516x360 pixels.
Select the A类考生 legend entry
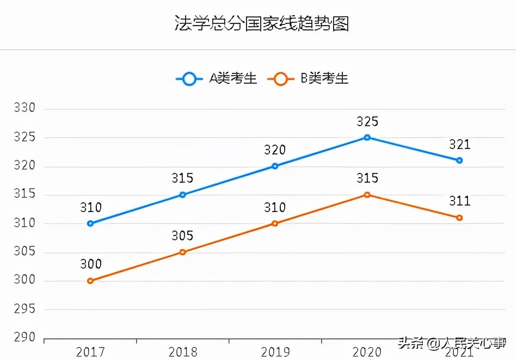coord(218,79)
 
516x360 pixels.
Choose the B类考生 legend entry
coord(309,79)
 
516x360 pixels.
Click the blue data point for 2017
coord(90,224)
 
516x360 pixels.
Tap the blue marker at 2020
coord(367,138)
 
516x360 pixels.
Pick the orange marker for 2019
coord(275,224)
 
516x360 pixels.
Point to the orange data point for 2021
coord(459,218)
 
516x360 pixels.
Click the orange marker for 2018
coord(182,252)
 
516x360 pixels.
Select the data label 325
coord(367,121)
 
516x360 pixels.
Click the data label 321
coord(459,145)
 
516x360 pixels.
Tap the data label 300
coord(90,264)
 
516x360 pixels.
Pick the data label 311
coord(459,202)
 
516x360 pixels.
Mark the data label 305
coord(182,235)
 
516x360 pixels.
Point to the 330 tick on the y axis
coord(24,108)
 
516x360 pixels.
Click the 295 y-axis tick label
coord(24,309)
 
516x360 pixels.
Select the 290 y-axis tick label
coord(24,338)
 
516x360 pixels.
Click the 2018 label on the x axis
coord(182,352)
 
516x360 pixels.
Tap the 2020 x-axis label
coord(367,352)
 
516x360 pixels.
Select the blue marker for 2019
coord(275,166)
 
